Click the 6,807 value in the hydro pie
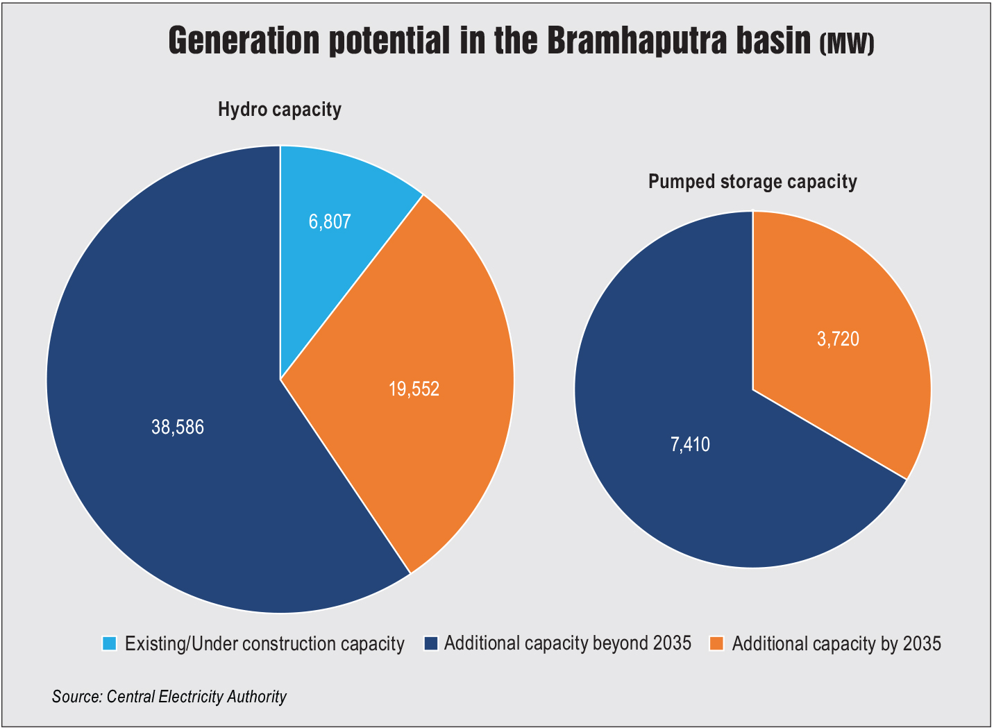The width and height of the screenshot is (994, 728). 330,222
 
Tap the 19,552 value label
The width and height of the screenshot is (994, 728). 414,389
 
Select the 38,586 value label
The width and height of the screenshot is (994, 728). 178,427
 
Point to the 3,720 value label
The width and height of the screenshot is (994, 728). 838,339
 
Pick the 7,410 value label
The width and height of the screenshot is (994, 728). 690,444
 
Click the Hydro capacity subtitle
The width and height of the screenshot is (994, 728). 280,110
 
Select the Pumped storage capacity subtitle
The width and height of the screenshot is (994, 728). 752,182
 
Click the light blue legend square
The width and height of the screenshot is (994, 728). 110,643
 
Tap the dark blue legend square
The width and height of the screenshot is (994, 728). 430,643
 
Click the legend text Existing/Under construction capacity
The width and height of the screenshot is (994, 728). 264,643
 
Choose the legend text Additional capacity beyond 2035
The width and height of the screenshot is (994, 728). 568,643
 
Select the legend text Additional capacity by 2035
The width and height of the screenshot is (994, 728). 836,643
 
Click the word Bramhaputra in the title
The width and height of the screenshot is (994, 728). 678,42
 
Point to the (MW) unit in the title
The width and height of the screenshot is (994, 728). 847,46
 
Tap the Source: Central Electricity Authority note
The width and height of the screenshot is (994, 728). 169,696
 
